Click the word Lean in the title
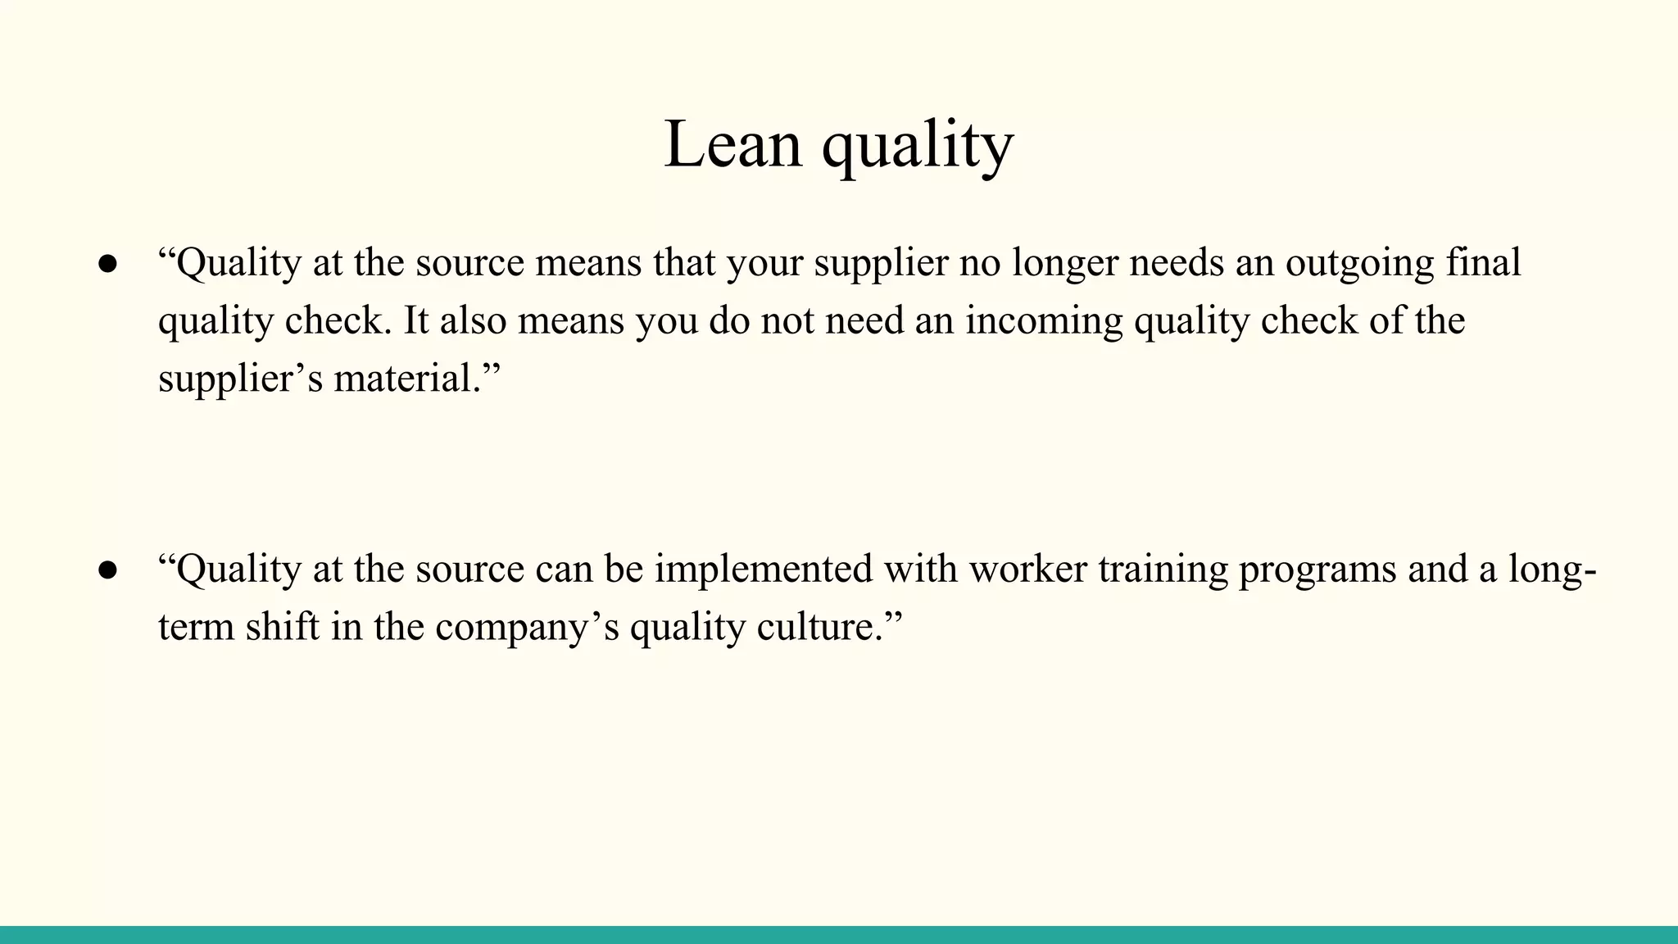point(732,145)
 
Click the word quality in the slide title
point(918,147)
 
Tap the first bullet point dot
point(107,264)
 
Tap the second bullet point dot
point(107,570)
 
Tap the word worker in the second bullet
point(1027,569)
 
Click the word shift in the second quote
point(283,627)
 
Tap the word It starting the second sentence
point(416,320)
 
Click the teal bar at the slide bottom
point(839,934)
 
